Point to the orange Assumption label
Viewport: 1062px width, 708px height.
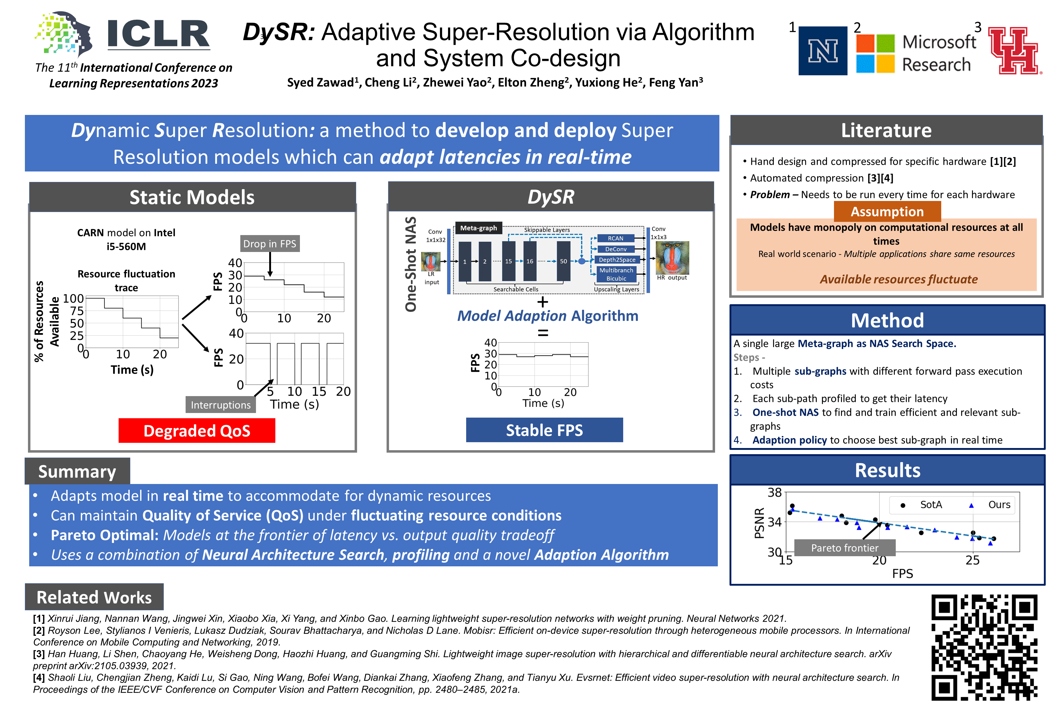pyautogui.click(x=887, y=211)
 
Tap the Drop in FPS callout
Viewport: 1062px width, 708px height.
pyautogui.click(x=269, y=244)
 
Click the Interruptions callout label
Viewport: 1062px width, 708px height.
pyautogui.click(x=220, y=405)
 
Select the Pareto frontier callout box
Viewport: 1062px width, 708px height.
pyautogui.click(x=844, y=548)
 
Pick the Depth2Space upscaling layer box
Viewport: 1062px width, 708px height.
pyautogui.click(x=617, y=260)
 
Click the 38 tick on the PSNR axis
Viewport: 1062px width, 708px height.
pyautogui.click(x=774, y=493)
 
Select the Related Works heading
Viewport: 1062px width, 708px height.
pyautogui.click(x=94, y=597)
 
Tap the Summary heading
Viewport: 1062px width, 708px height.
pyautogui.click(x=77, y=471)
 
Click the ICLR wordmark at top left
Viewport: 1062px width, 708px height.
pyautogui.click(x=158, y=34)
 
